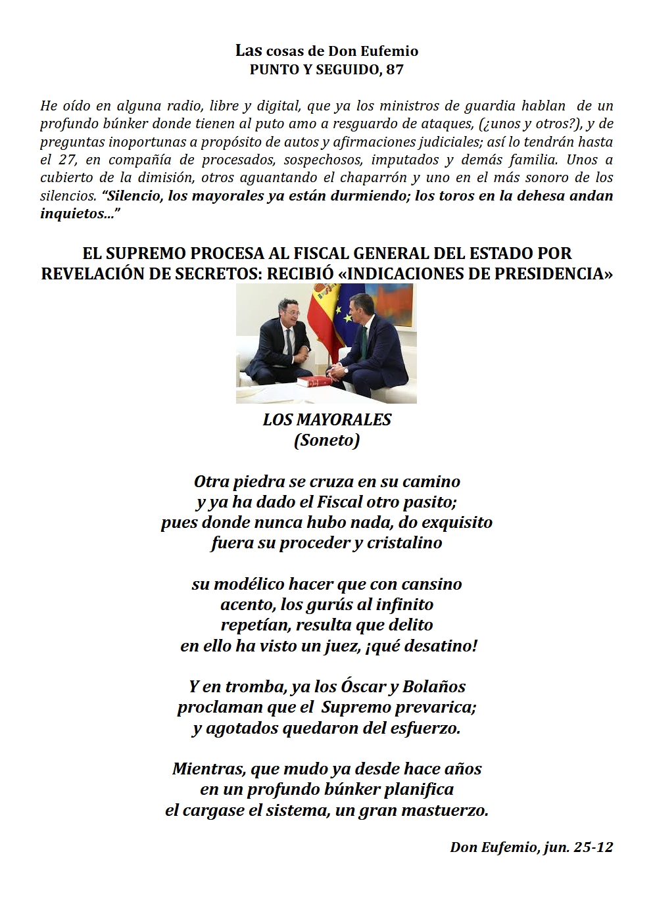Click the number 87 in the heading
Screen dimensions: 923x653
[395, 70]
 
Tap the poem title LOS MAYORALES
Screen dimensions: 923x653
[327, 420]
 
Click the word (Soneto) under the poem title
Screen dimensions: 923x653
[327, 440]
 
